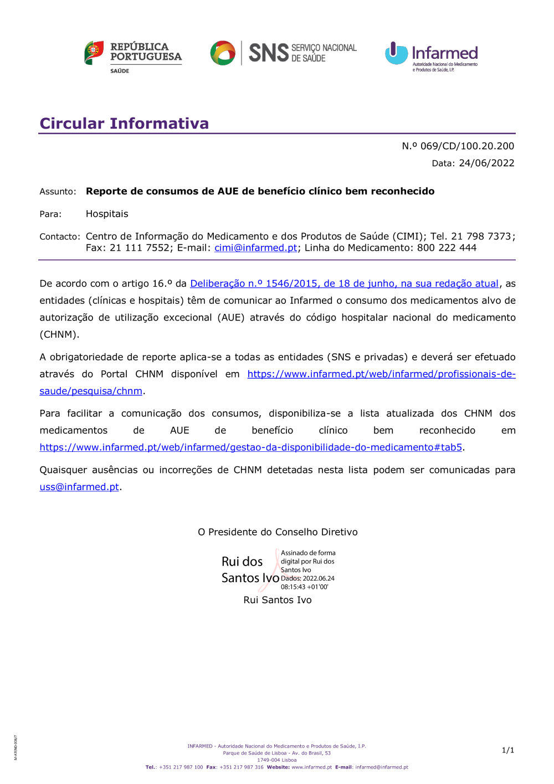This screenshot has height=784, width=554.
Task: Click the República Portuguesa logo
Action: (133, 56)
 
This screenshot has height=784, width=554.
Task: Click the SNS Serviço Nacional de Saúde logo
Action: (283, 53)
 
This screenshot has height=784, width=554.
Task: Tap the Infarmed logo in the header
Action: (432, 56)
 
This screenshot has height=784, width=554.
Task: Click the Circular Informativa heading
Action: (124, 123)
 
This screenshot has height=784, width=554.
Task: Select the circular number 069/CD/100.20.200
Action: (467, 146)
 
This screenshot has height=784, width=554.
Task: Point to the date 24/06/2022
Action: (486, 163)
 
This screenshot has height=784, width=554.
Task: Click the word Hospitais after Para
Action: (107, 214)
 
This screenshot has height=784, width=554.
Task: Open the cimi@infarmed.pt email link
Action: (256, 248)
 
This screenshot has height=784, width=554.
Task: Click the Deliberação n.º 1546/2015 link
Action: (344, 283)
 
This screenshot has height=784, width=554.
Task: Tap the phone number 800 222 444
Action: (447, 248)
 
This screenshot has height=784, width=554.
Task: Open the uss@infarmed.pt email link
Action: (79, 487)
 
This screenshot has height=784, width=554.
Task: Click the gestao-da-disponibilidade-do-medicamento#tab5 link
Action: (250, 447)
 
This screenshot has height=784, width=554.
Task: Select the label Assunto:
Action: (58, 192)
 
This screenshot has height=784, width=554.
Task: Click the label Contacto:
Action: (60, 237)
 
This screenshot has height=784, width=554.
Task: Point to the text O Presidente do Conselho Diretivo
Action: (278, 532)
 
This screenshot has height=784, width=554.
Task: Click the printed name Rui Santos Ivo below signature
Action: (278, 600)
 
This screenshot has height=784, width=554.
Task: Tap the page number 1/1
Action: (507, 750)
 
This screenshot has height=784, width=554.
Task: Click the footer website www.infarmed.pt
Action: (311, 767)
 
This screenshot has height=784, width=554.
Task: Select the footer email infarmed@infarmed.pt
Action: (382, 767)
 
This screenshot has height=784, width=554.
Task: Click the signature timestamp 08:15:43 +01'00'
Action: (304, 587)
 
